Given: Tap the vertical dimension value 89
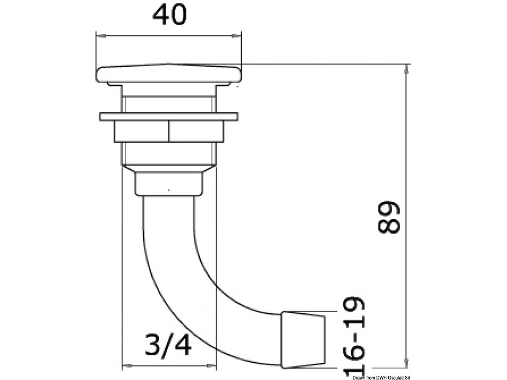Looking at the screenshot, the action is [x=388, y=217].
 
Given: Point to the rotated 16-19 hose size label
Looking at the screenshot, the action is [x=354, y=337].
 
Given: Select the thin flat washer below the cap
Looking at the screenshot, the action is [x=169, y=117].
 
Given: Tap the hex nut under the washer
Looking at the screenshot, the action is [x=169, y=131].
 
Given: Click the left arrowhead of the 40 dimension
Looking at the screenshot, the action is [x=101, y=36].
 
